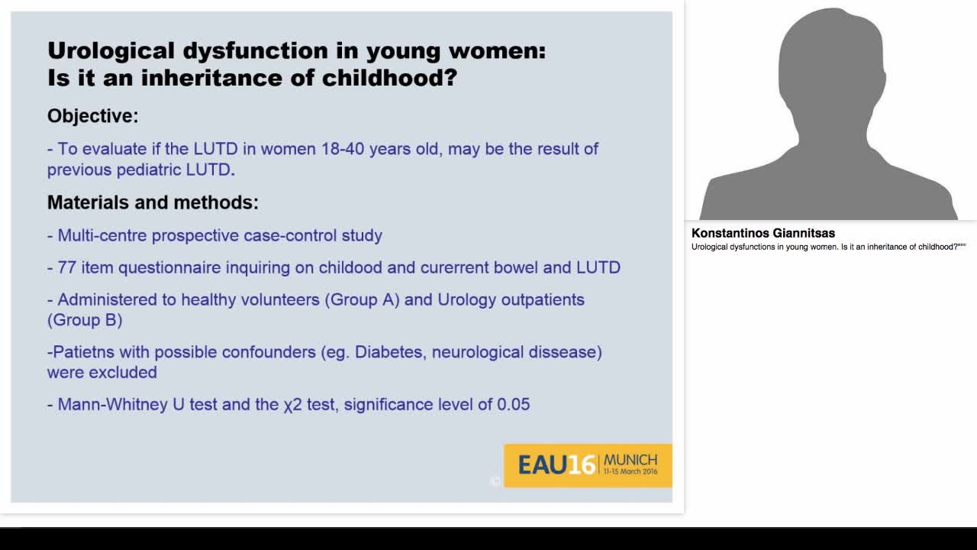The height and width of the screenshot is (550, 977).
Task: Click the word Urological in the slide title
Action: tap(111, 51)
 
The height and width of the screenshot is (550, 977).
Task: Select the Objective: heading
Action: tap(93, 116)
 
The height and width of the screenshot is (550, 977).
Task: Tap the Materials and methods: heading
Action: tap(153, 202)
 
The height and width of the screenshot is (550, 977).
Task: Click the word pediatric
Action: tap(149, 170)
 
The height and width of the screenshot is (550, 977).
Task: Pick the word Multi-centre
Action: tap(102, 235)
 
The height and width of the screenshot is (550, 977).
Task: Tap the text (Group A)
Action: tap(363, 299)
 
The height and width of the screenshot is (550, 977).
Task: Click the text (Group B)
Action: tap(85, 319)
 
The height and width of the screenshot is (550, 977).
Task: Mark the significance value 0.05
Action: tap(513, 404)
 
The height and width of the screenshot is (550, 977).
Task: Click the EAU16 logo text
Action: tap(556, 464)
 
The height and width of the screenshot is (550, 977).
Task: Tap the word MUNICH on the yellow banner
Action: tap(630, 459)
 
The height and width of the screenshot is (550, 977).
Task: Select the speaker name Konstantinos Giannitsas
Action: tap(763, 233)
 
